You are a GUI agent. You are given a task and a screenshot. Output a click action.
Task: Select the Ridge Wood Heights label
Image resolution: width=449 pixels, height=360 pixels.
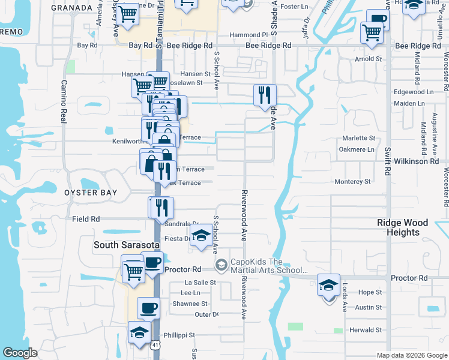pyautogui.click(x=403, y=227)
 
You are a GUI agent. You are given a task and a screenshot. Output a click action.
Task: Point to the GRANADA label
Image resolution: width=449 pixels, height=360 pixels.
pyautogui.click(x=71, y=7)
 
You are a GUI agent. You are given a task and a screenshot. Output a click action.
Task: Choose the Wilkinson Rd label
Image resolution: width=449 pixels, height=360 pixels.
pyautogui.click(x=416, y=161)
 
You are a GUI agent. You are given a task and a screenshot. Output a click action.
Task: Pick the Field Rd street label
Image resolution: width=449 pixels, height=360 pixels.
pyautogui.click(x=85, y=219)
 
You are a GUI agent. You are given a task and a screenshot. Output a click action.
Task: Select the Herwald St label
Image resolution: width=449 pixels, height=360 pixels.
pyautogui.click(x=366, y=329)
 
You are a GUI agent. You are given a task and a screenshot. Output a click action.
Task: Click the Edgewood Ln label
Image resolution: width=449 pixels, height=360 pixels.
pyautogui.click(x=413, y=92)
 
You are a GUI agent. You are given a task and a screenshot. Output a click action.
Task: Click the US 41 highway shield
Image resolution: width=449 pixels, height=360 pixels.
pyautogui.click(x=157, y=346)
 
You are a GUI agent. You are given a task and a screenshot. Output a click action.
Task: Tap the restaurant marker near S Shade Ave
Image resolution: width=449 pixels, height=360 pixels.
pyautogui.click(x=264, y=95)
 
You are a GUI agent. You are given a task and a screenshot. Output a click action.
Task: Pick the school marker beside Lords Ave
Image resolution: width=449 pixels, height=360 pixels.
pyautogui.click(x=328, y=286)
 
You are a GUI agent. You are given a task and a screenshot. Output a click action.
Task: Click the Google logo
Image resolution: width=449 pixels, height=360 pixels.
pyautogui.click(x=20, y=353)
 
